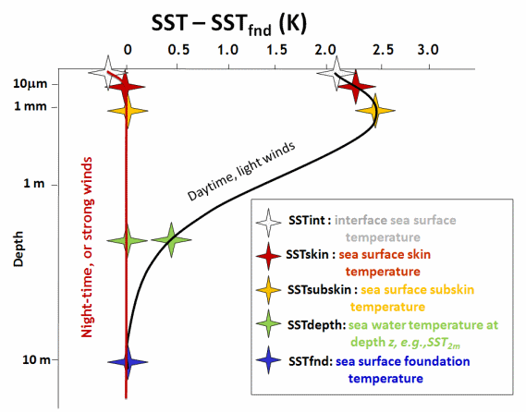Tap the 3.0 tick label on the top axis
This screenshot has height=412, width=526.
point(428,48)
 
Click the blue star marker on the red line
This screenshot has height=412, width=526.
point(127,362)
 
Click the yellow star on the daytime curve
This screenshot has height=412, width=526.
point(374,112)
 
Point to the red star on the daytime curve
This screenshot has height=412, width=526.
point(356,89)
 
